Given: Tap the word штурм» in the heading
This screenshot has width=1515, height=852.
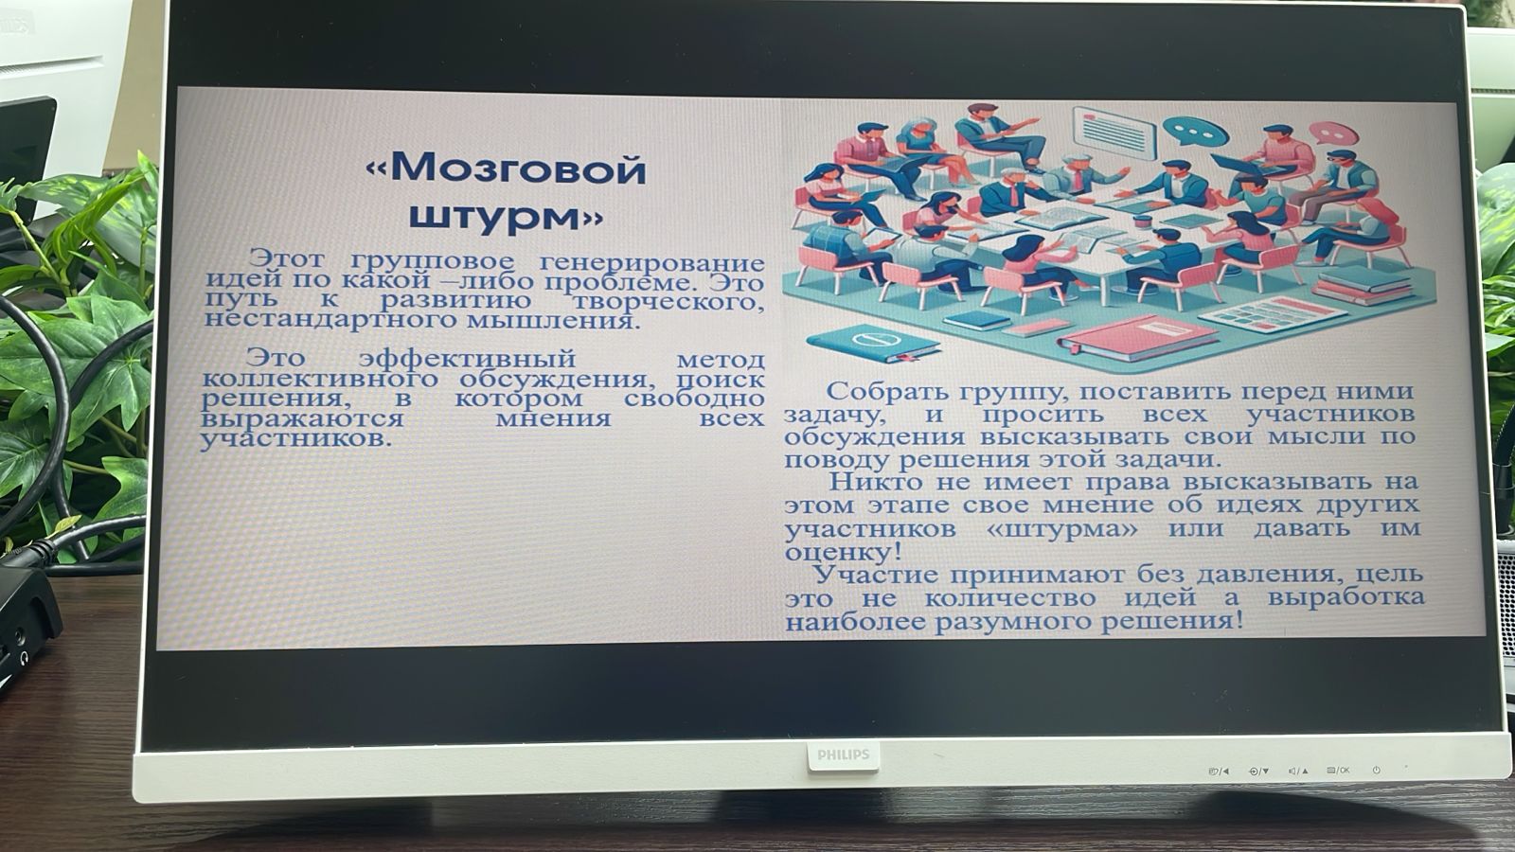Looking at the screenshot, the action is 506,217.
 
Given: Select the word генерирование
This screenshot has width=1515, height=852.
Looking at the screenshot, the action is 652,262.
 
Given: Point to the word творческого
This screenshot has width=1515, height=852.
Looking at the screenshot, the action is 668,301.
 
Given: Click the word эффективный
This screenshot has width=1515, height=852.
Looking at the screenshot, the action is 468,358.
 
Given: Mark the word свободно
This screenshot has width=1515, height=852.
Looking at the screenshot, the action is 694,399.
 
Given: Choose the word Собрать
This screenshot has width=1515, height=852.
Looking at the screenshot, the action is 881,391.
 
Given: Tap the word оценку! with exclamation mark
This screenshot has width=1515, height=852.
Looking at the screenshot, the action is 843,553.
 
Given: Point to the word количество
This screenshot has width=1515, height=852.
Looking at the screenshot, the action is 1009,598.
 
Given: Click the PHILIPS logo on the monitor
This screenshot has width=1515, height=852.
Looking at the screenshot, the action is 843,754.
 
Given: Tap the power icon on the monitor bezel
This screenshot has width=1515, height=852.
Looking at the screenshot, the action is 1376,771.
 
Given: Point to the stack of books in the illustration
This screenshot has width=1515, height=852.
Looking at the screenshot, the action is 1363,285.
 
